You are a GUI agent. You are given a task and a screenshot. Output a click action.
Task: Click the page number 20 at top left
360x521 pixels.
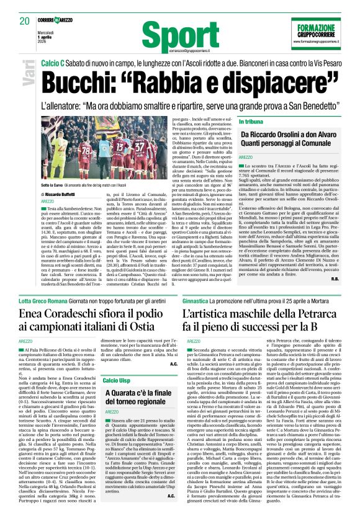(x=24, y=22)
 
